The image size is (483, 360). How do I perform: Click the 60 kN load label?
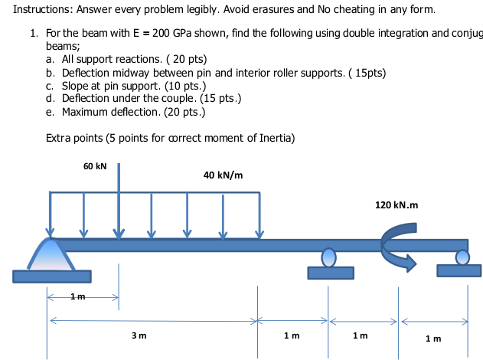pos(95,166)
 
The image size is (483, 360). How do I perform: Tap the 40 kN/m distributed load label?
pos(224,175)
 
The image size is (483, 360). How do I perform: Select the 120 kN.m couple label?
pos(397,205)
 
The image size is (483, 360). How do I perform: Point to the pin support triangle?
pos(51,254)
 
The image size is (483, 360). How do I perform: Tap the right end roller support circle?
pos(462,257)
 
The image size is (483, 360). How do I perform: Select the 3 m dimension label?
pos(139,335)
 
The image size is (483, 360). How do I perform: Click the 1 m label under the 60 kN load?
pos(77,296)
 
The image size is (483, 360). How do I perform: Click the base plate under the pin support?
pos(51,276)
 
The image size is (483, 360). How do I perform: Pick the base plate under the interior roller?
pos(330,273)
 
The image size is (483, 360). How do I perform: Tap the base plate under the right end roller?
pos(459,270)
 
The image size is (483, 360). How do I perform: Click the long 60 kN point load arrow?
pos(119,199)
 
